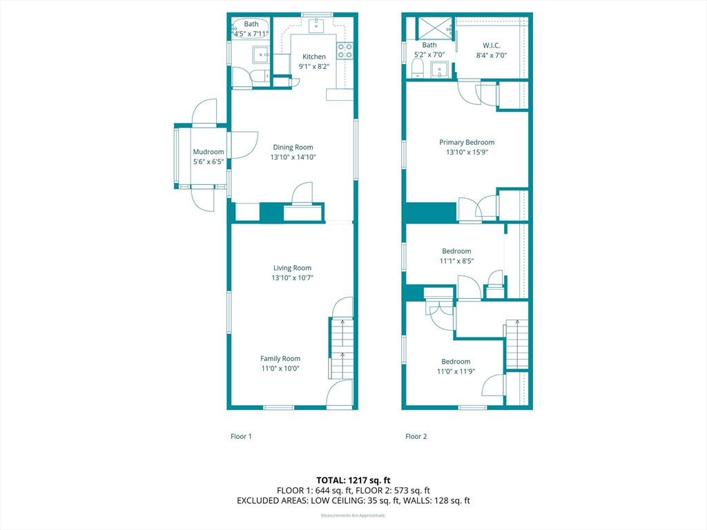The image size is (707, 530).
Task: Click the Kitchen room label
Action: [x=314, y=57]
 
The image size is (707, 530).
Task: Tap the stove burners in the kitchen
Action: [x=345, y=50]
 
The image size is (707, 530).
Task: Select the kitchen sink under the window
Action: [x=317, y=26]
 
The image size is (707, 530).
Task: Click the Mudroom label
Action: [x=209, y=152]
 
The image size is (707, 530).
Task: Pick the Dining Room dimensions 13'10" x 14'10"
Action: [x=293, y=157]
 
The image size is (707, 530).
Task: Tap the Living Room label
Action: [x=292, y=268]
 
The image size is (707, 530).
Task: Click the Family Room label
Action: [x=280, y=358]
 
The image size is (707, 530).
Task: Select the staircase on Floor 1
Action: [x=341, y=349]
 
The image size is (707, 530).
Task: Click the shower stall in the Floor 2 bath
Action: [x=435, y=28]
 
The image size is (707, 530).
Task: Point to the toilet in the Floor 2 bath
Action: [x=417, y=68]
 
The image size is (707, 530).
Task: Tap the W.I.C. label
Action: [x=492, y=46]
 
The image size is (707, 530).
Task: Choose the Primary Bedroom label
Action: [x=467, y=142]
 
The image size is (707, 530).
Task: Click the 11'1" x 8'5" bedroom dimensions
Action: [x=457, y=261]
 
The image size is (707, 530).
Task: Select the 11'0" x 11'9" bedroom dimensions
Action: [x=456, y=371]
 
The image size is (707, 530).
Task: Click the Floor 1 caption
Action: [x=241, y=436]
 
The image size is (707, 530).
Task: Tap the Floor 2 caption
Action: [x=416, y=436]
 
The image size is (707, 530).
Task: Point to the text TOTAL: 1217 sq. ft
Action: [x=353, y=480]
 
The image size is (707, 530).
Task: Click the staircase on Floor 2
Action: [x=516, y=345]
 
